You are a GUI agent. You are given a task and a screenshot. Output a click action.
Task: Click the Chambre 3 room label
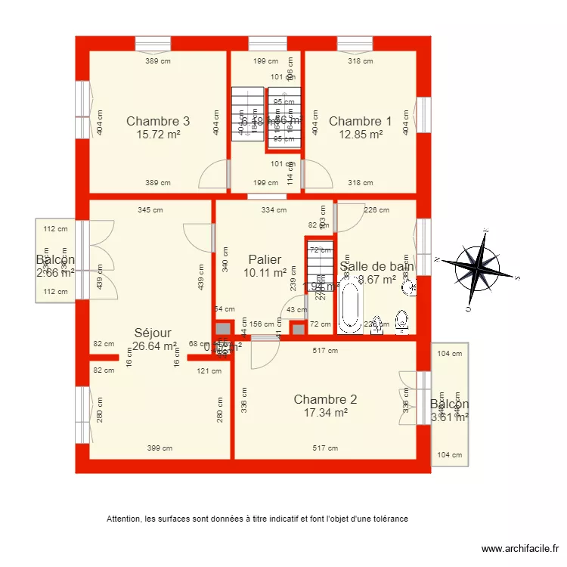tap(158, 121)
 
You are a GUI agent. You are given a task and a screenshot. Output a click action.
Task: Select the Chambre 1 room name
tap(360, 121)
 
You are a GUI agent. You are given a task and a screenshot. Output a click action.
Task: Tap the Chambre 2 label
tap(325, 399)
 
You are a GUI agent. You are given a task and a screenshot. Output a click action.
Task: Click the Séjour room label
tap(153, 333)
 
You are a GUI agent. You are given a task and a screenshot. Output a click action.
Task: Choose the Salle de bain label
tap(377, 266)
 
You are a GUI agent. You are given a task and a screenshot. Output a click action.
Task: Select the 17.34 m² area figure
tap(325, 413)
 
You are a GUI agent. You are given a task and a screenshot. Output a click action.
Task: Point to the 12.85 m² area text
tap(360, 135)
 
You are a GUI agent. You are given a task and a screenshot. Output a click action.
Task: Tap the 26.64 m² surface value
tap(154, 346)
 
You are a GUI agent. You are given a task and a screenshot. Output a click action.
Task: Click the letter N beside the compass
tap(438, 259)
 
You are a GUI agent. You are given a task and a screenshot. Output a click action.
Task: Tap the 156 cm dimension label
tap(262, 324)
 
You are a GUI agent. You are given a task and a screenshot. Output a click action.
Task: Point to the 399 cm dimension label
tap(159, 448)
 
